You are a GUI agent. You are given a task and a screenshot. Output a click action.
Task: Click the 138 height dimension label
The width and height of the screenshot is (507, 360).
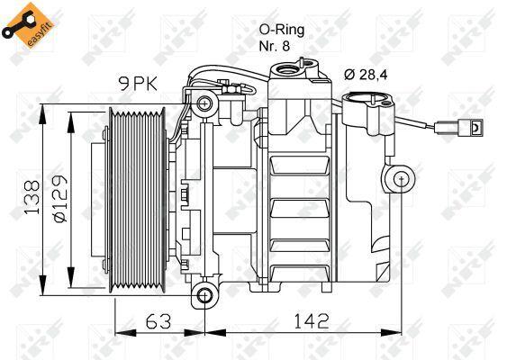(29, 199)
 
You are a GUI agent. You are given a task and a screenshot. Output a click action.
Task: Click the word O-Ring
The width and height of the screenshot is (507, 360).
(276, 30)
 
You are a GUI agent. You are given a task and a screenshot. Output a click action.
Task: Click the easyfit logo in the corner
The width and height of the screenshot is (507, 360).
(24, 24)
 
